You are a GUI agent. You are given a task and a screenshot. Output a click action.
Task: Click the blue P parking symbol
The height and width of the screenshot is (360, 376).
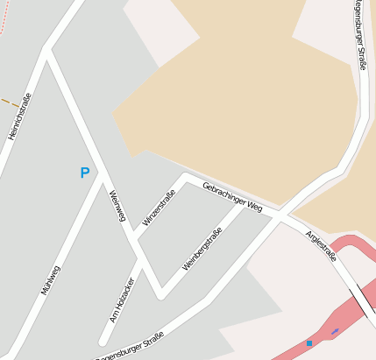84,173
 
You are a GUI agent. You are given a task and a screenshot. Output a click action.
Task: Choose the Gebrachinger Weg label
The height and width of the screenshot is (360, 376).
232,197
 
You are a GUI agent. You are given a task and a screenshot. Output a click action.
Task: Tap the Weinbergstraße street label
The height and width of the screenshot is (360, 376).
202,248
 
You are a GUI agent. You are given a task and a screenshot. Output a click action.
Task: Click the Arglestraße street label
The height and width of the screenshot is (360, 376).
321,246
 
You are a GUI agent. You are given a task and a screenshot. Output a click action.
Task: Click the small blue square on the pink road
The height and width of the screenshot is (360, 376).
309,343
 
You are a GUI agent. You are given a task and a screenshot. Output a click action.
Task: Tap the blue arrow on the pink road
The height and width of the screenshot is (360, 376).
334,331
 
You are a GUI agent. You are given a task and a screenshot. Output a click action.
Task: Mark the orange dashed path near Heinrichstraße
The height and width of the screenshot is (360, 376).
10,102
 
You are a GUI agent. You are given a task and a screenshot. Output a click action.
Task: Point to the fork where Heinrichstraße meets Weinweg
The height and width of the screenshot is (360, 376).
46,51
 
